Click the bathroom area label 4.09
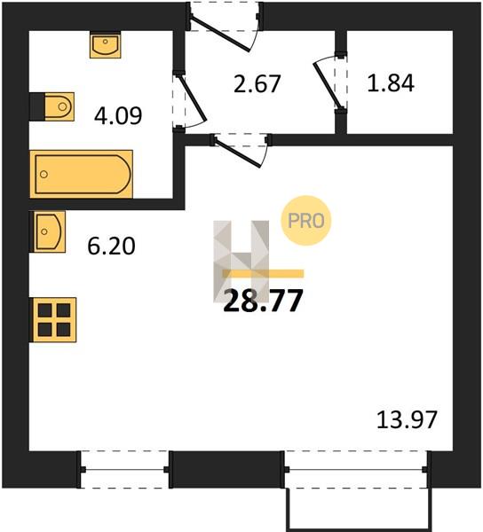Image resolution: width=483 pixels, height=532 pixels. (118, 116)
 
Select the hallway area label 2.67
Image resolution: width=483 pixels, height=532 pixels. (257, 84)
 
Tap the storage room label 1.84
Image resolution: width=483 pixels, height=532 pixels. (391, 83)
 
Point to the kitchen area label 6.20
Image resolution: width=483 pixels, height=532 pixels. (111, 246)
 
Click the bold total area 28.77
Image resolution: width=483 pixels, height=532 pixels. (263, 301)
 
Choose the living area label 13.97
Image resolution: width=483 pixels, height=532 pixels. (407, 419)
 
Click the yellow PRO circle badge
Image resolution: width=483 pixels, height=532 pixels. (306, 221)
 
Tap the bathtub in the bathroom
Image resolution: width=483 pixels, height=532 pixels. (81, 174)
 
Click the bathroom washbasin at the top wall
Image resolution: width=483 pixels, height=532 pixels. (106, 45)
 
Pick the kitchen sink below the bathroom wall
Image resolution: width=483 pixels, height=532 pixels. (48, 231)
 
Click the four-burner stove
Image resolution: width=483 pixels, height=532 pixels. (54, 320)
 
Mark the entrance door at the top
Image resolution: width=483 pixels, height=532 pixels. (224, 27)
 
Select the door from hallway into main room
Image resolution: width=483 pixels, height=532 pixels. (241, 151)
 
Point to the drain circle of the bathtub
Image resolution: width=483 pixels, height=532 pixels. (44, 175)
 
